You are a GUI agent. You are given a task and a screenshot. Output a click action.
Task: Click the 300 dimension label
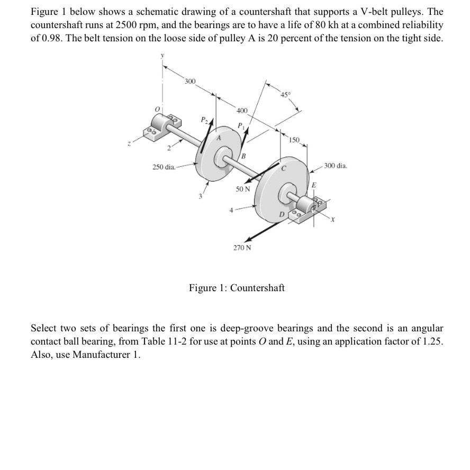click(x=190, y=81)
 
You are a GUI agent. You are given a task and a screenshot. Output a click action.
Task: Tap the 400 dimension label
click(x=241, y=111)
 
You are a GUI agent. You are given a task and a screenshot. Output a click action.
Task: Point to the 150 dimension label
click(x=295, y=140)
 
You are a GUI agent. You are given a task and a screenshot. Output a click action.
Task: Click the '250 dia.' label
click(x=164, y=167)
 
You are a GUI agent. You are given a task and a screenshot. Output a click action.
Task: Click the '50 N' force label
click(x=243, y=189)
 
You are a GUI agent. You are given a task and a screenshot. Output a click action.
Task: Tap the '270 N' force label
click(x=242, y=247)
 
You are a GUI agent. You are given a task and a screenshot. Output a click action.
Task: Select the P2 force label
click(x=202, y=120)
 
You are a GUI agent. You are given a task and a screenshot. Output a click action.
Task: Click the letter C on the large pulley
click(x=284, y=169)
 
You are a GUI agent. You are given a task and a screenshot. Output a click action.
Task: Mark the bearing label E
click(x=313, y=185)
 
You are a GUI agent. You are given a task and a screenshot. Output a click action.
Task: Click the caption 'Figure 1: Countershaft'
click(x=237, y=288)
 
